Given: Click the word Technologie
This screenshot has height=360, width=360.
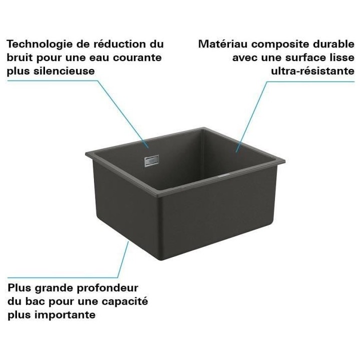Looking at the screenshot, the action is (x=39, y=44).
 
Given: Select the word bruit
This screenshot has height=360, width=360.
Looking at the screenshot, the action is (x=19, y=57).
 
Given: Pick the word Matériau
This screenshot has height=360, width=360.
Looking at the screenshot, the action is (x=223, y=44).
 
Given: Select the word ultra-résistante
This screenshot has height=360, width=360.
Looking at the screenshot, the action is (x=312, y=70).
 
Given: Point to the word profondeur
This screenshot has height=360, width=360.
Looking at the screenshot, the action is (x=107, y=288).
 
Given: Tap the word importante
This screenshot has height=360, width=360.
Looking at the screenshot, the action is (x=65, y=315).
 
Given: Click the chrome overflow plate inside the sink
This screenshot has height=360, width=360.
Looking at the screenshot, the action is (x=151, y=161).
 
